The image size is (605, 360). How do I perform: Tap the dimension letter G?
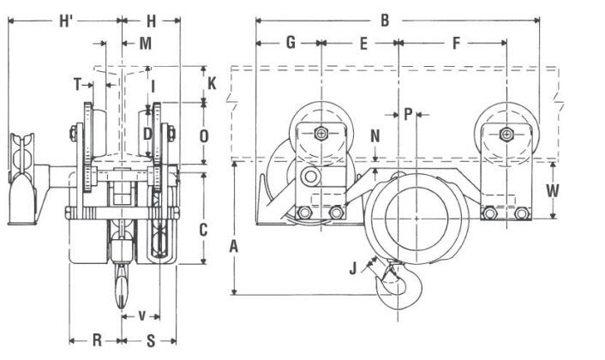291,42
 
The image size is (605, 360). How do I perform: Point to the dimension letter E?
363,42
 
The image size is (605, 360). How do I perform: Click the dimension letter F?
456,42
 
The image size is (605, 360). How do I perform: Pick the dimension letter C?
203,229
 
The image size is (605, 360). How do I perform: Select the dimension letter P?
408,112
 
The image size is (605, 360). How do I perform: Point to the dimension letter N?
374,135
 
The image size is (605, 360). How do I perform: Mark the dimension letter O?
203,135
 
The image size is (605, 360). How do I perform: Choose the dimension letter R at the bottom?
97,339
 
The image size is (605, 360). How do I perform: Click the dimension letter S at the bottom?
152,339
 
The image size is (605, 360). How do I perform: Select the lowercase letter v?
142,315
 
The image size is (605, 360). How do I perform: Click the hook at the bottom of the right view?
398,288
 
